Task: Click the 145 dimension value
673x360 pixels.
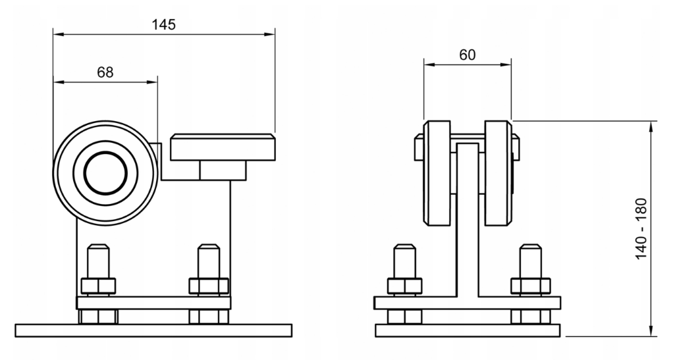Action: [x=163, y=24]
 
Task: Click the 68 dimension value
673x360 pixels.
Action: [x=104, y=72]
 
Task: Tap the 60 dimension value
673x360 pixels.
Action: [x=468, y=55]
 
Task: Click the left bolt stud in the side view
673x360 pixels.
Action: [x=97, y=261]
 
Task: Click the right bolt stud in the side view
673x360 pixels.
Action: [x=209, y=261]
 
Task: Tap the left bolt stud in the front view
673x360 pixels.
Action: [x=404, y=261]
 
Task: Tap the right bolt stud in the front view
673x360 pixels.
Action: [x=530, y=261]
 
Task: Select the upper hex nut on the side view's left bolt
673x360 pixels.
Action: [x=97, y=286]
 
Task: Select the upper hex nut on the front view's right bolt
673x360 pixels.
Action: [x=530, y=286]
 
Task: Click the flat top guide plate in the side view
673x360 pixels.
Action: [x=223, y=147]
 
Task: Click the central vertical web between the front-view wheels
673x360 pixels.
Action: [x=468, y=217]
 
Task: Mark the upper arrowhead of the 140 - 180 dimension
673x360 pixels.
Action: [x=651, y=126]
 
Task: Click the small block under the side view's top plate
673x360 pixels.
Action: [x=223, y=170]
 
